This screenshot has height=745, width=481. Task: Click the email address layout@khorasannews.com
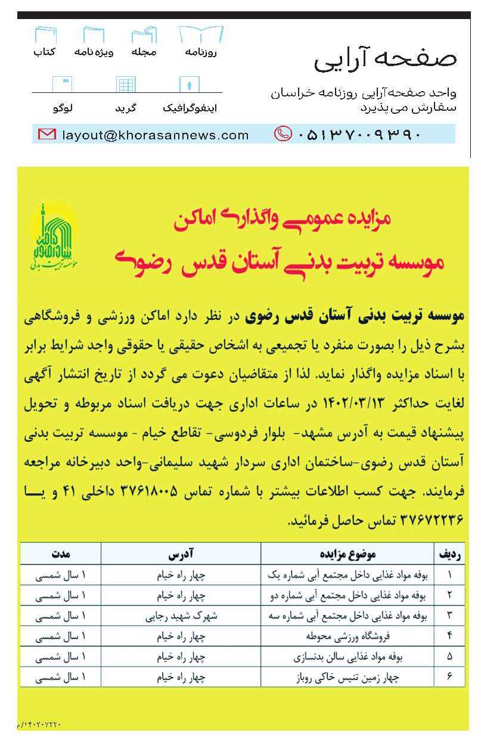point(155,135)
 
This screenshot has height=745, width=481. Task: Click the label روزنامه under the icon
point(200,52)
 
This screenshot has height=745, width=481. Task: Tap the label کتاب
point(45,52)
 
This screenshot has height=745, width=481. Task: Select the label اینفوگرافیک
point(190,109)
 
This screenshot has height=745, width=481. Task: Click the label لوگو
point(63,109)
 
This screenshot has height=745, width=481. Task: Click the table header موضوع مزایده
point(350,554)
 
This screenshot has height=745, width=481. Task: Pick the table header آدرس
point(181,554)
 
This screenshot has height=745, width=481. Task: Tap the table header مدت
point(61,554)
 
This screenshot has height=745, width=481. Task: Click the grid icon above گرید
point(126,85)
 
